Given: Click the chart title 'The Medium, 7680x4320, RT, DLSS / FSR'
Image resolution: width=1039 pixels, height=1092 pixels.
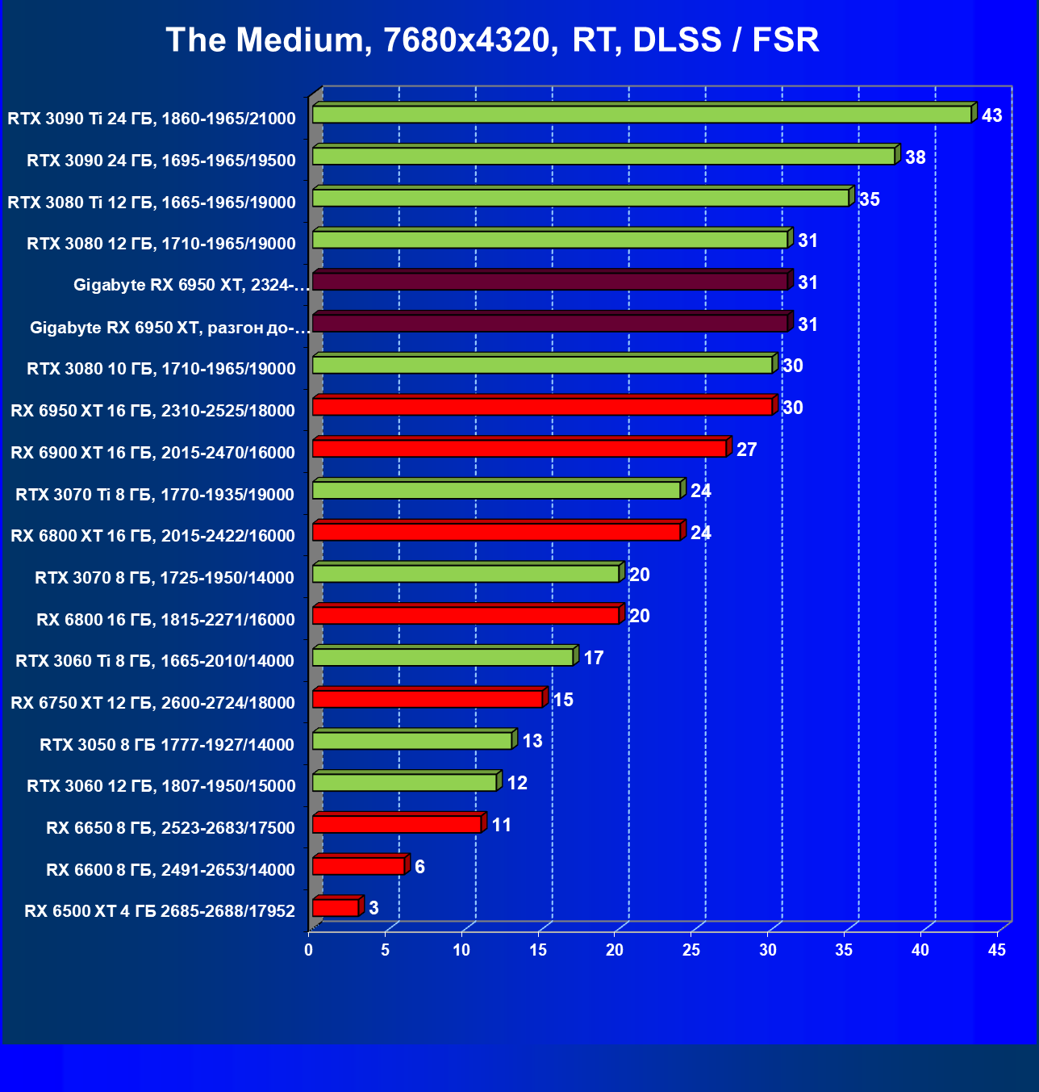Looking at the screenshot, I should (x=492, y=40).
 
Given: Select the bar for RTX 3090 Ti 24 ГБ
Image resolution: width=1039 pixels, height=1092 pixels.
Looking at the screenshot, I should (x=641, y=115).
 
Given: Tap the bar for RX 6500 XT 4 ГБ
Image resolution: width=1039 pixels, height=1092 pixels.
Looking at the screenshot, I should (x=336, y=908).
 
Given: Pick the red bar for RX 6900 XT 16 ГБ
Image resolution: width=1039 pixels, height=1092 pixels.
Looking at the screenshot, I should (x=519, y=449).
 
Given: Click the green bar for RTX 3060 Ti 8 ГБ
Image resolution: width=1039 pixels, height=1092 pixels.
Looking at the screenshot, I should (x=442, y=658).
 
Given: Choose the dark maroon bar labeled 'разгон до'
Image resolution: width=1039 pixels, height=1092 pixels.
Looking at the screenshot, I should (x=549, y=323).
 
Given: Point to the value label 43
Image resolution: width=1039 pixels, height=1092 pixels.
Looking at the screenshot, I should (x=991, y=115).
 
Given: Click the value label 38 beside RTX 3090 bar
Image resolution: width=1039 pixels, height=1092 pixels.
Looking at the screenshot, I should (x=915, y=157).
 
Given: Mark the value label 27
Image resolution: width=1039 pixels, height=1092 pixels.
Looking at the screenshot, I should (x=746, y=450).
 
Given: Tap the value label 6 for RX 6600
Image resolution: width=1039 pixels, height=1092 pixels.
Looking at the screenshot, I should (x=419, y=867).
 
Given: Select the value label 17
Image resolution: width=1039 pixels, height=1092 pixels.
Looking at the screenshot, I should (x=593, y=658).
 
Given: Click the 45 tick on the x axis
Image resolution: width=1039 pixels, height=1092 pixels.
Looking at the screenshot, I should (x=997, y=950).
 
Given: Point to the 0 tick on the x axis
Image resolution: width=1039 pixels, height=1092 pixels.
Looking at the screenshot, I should (x=309, y=950).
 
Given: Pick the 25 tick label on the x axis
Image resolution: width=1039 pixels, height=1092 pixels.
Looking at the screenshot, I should (x=691, y=950).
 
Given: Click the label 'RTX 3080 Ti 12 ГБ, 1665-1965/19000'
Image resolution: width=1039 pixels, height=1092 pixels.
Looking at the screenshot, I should (x=152, y=202).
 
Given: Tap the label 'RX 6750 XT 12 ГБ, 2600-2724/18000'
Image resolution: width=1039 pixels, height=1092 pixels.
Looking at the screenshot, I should (x=153, y=703).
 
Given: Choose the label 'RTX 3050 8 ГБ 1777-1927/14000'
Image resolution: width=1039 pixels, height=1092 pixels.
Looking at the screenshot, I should (x=167, y=744).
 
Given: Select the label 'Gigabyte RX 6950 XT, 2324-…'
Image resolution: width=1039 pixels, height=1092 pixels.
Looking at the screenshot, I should (x=191, y=285).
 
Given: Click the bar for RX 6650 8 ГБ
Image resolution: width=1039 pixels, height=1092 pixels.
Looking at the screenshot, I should (x=397, y=824).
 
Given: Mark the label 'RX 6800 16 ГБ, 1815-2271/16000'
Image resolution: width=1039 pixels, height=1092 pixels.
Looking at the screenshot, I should (x=165, y=619).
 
